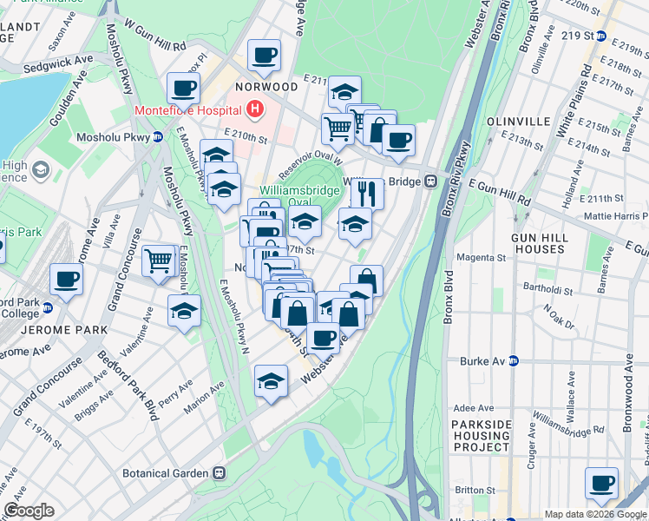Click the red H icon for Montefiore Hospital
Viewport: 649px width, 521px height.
(255, 110)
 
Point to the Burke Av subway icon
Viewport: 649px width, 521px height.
(513, 361)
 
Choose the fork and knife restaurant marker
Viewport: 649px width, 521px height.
(368, 193)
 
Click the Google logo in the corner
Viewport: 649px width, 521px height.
(29, 511)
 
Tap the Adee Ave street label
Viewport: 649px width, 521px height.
(474, 408)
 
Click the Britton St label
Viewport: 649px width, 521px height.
(474, 491)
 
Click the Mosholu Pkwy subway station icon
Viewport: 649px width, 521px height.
(157, 137)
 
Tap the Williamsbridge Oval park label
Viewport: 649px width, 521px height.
(291, 196)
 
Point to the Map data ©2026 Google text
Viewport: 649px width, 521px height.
(593, 514)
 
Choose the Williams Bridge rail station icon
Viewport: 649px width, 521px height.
(429, 181)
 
